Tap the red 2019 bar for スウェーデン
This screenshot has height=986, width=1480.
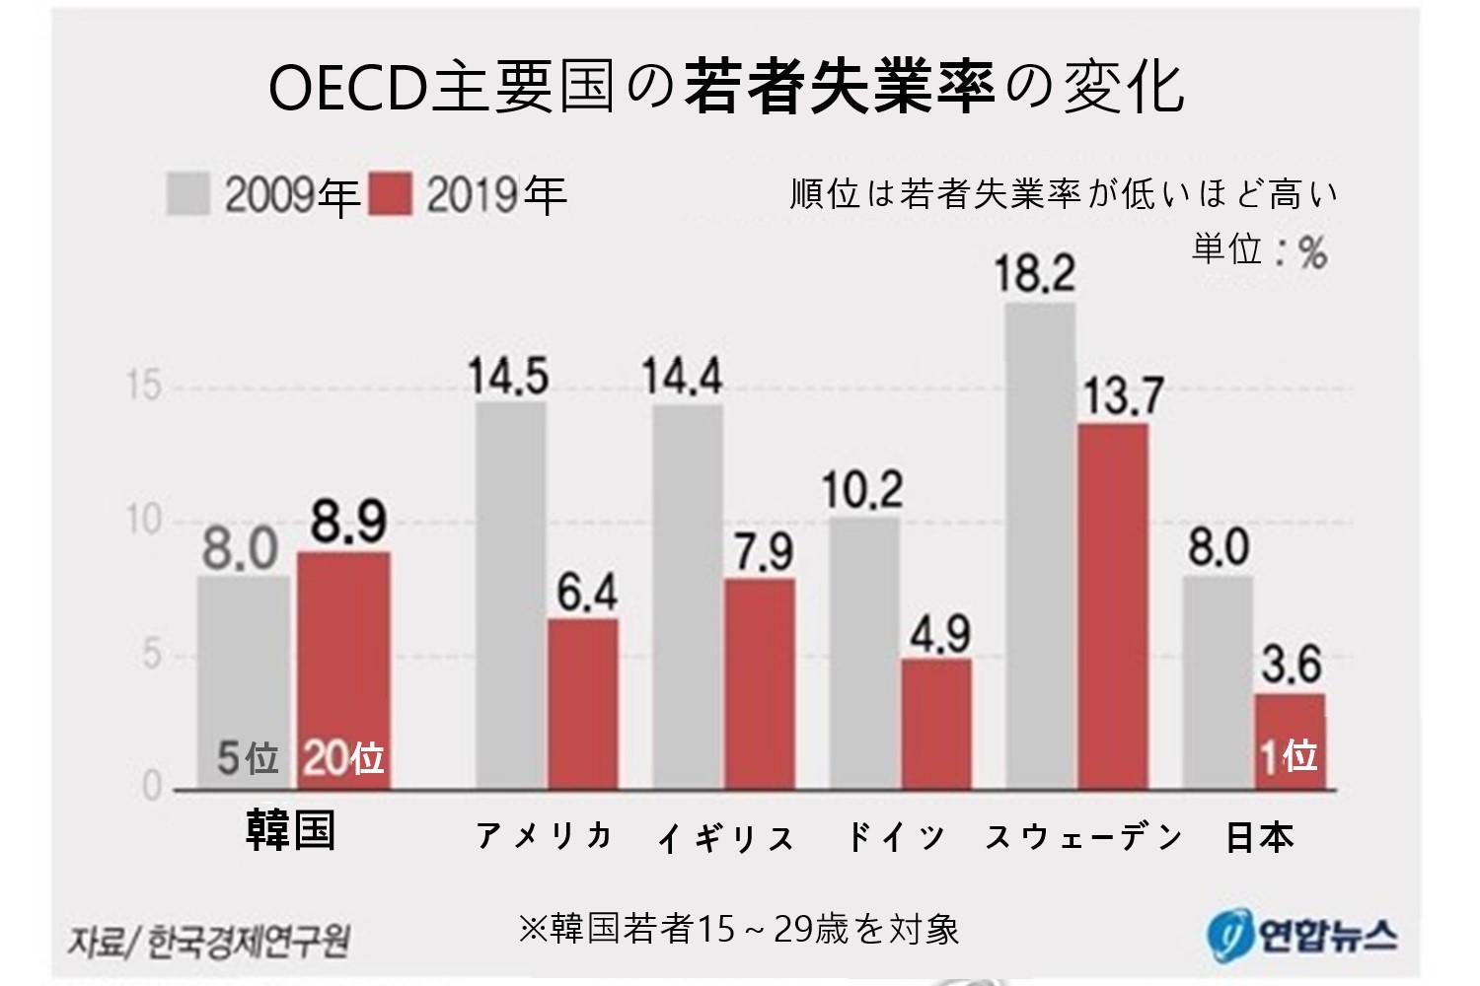(x=1113, y=606)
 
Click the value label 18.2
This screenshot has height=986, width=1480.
(x=1035, y=273)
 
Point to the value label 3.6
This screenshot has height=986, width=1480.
(x=1292, y=666)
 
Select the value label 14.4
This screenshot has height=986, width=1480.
(x=682, y=377)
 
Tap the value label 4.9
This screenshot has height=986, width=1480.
(x=939, y=634)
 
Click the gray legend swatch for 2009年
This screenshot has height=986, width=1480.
(x=187, y=194)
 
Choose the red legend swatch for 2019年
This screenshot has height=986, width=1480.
(x=390, y=194)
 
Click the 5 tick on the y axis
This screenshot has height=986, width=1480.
(x=151, y=656)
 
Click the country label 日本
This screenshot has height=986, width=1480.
(x=1259, y=837)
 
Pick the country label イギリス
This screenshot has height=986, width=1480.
(x=726, y=838)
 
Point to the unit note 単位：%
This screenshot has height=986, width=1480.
(x=1260, y=249)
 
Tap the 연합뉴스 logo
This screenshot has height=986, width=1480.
(x=1301, y=932)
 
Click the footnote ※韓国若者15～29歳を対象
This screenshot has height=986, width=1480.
(x=739, y=929)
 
